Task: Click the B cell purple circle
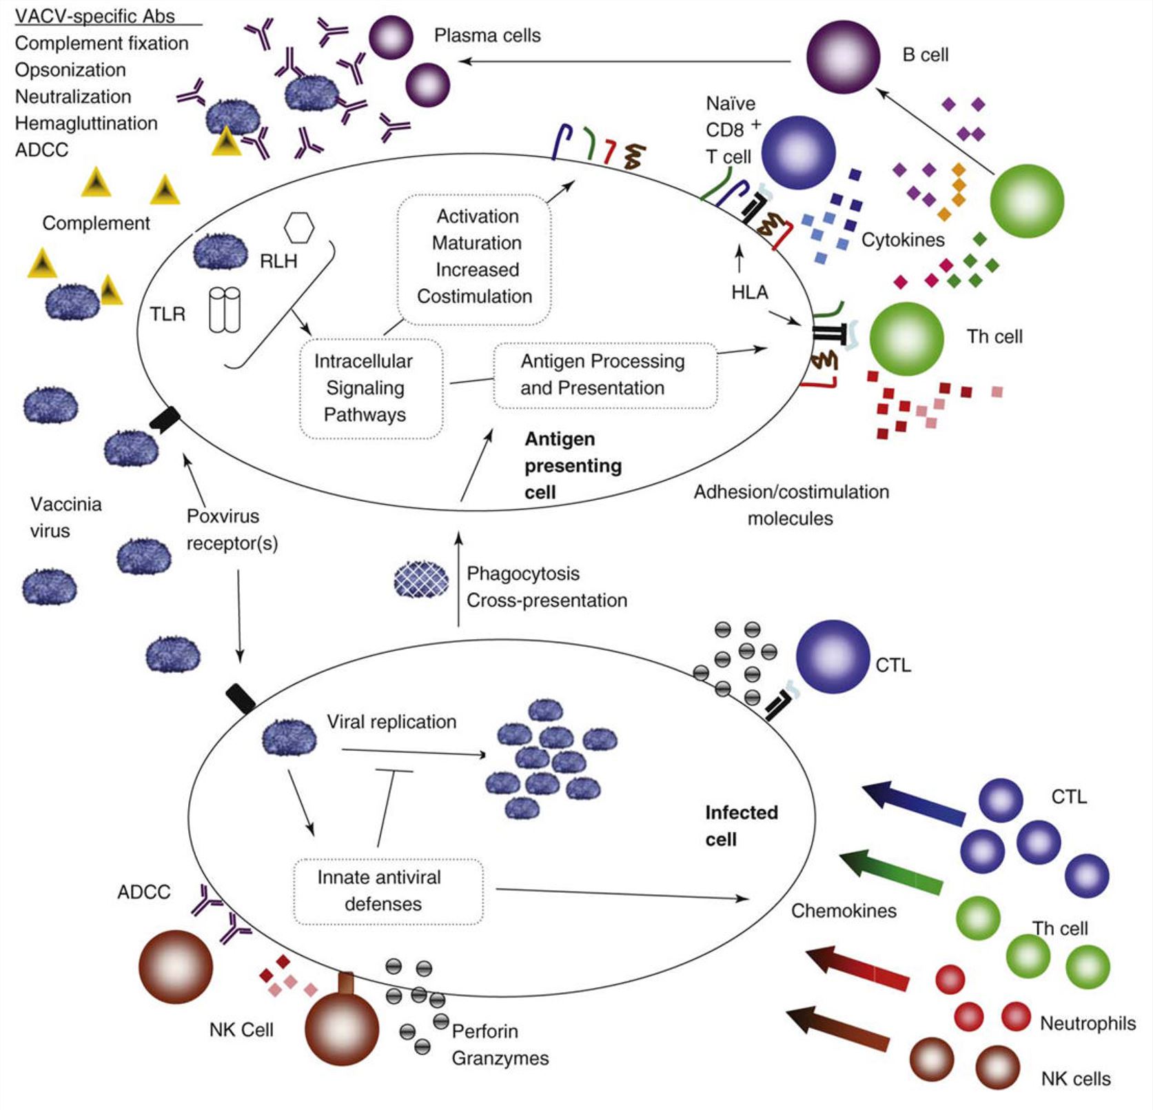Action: pos(842,57)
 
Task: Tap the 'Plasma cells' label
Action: pos(487,36)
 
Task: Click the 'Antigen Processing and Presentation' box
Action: pos(604,375)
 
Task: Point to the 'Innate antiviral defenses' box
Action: pos(388,891)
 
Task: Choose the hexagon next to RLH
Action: pos(299,227)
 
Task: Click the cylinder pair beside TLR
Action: pos(225,310)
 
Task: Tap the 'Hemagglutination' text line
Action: pos(86,123)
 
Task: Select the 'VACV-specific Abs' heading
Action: pos(95,16)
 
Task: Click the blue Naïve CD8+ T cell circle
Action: pos(798,152)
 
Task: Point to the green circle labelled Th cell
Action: pos(906,339)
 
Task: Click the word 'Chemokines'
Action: pos(844,911)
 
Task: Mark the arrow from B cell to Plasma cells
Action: pos(624,61)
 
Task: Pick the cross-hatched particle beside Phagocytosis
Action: pos(420,579)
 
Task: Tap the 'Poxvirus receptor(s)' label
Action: pos(232,529)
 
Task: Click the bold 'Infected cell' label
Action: pos(741,826)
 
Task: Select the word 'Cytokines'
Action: pos(903,240)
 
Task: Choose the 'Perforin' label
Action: pos(484,1031)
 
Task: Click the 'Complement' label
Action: pos(96,223)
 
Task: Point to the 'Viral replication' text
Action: pos(391,722)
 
